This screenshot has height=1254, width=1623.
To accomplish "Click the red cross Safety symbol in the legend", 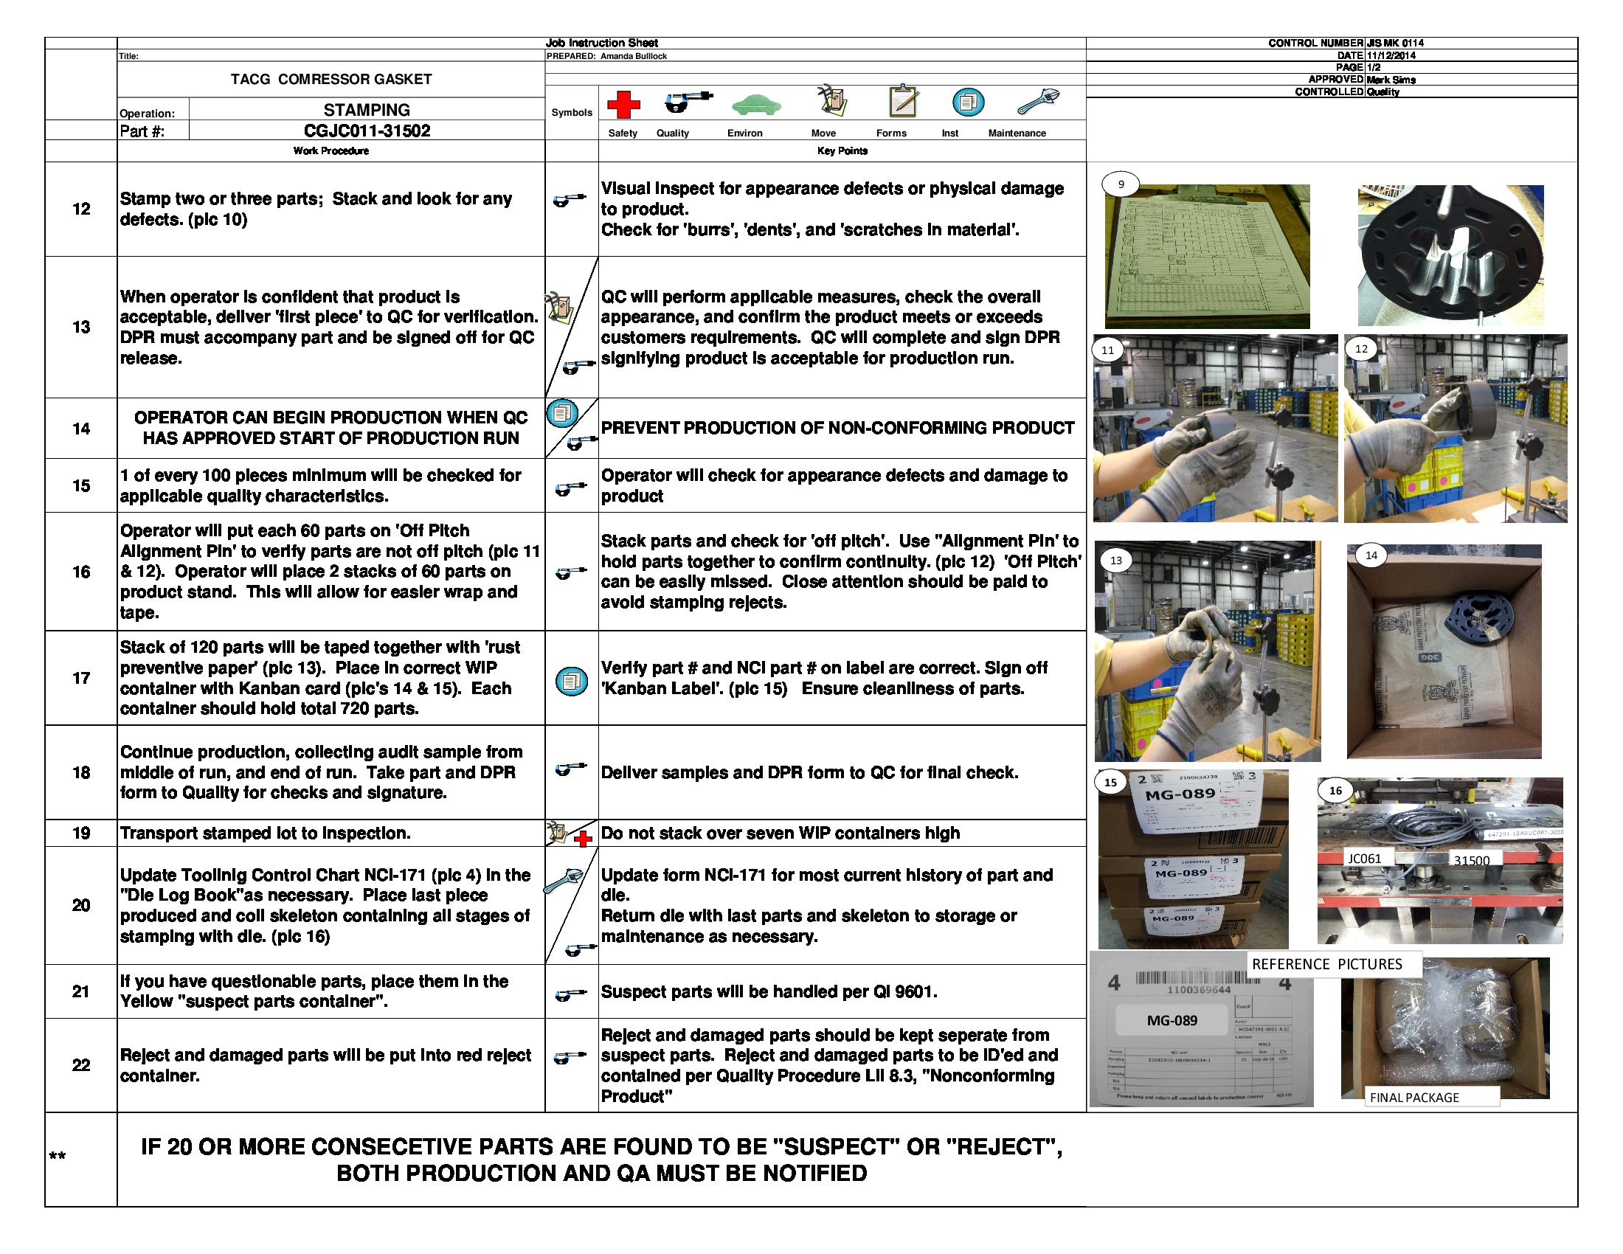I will point(623,105).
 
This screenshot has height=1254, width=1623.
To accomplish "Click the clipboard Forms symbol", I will point(903,100).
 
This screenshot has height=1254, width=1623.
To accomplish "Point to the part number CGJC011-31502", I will point(367,131).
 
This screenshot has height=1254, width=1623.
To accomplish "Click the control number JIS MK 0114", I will point(1394,43).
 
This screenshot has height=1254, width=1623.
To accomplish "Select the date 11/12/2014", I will point(1391,55).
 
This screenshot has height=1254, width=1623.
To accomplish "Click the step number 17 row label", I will point(81,677).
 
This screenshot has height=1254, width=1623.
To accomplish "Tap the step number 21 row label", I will point(81,991).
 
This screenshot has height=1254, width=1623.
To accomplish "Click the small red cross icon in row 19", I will point(584,839).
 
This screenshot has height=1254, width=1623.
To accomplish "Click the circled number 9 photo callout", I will point(1121,184).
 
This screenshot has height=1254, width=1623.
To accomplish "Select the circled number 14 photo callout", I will point(1371,555).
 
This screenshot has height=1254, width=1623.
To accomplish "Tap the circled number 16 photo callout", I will point(1335,791).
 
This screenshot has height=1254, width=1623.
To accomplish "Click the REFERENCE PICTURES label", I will point(1326,964).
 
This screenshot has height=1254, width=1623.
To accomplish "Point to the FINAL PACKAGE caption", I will point(1413,1098).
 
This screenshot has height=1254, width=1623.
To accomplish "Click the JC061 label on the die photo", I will point(1364,859).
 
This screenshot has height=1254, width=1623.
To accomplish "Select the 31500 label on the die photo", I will point(1472,860).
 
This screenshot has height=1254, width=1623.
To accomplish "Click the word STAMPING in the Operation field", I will point(367,110).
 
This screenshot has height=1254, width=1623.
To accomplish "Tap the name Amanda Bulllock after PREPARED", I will point(633,56).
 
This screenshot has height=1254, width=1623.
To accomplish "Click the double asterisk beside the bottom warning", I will point(58,1156).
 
